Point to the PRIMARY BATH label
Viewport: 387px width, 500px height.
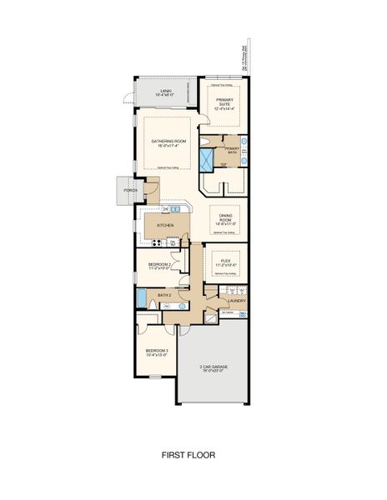(232, 150)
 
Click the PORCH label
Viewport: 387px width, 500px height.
(130, 190)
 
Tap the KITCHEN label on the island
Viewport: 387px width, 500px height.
(165, 226)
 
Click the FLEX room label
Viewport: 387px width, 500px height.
(226, 262)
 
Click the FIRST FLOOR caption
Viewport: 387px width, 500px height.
(188, 455)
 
